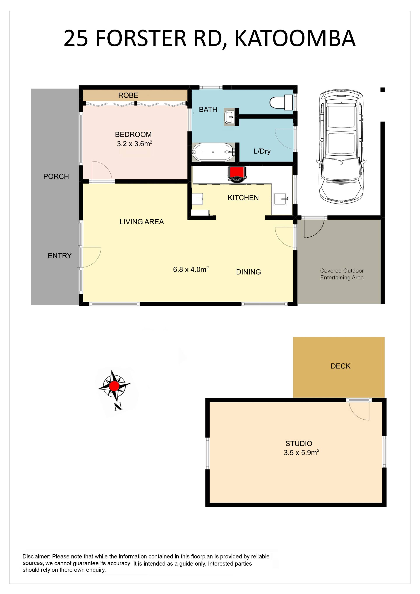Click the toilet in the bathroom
point(281,102)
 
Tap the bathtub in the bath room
point(213,152)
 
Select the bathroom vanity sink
point(229,117)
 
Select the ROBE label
point(128,95)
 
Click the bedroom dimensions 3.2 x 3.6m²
point(135,144)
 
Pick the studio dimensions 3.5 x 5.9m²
point(301,452)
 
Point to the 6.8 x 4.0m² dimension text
point(191,269)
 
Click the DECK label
point(341,366)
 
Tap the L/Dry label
point(262,151)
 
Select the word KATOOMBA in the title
point(295,38)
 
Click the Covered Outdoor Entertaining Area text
point(342,274)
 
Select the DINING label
point(248,272)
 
